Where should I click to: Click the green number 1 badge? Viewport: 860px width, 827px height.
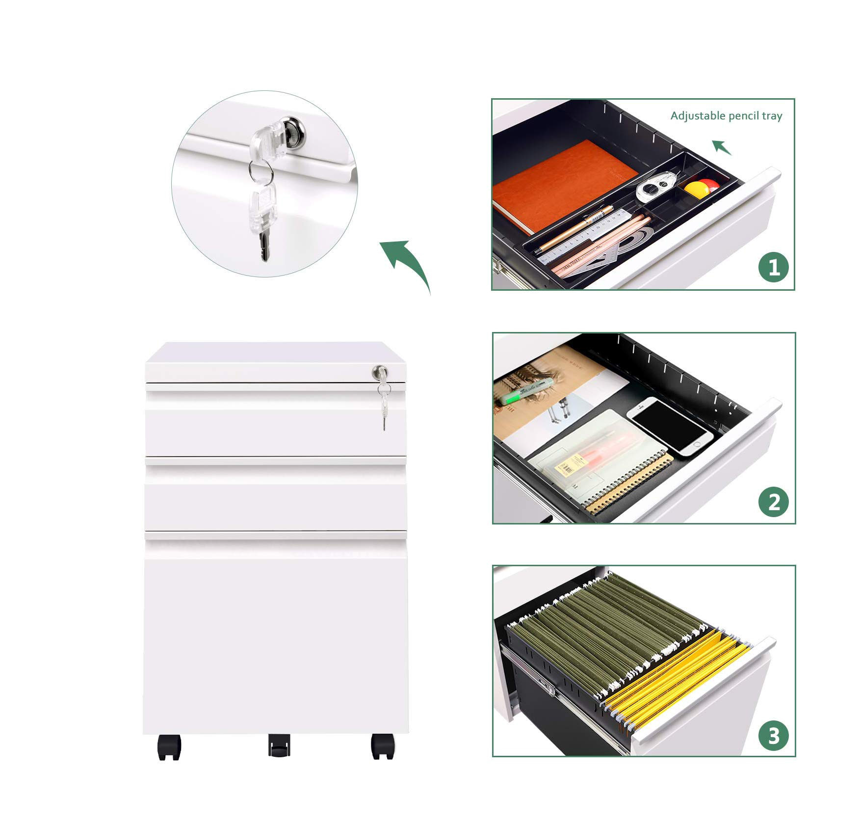click(x=773, y=268)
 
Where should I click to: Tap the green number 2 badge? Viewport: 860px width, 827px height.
click(x=773, y=502)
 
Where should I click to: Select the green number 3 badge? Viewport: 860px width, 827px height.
click(x=773, y=736)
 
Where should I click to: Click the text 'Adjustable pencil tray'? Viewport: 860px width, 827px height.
click(x=726, y=116)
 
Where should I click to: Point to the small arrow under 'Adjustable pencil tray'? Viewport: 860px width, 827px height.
click(x=722, y=147)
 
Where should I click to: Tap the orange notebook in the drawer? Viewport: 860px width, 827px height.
click(x=564, y=185)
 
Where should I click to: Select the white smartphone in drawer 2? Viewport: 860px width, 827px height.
click(x=669, y=426)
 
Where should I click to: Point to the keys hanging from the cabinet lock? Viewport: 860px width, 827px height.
click(x=384, y=406)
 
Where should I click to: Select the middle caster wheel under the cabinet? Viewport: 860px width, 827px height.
click(x=279, y=745)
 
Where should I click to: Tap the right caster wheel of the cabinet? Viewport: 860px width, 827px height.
click(x=383, y=746)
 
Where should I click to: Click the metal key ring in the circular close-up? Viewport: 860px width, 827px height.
click(x=261, y=171)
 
